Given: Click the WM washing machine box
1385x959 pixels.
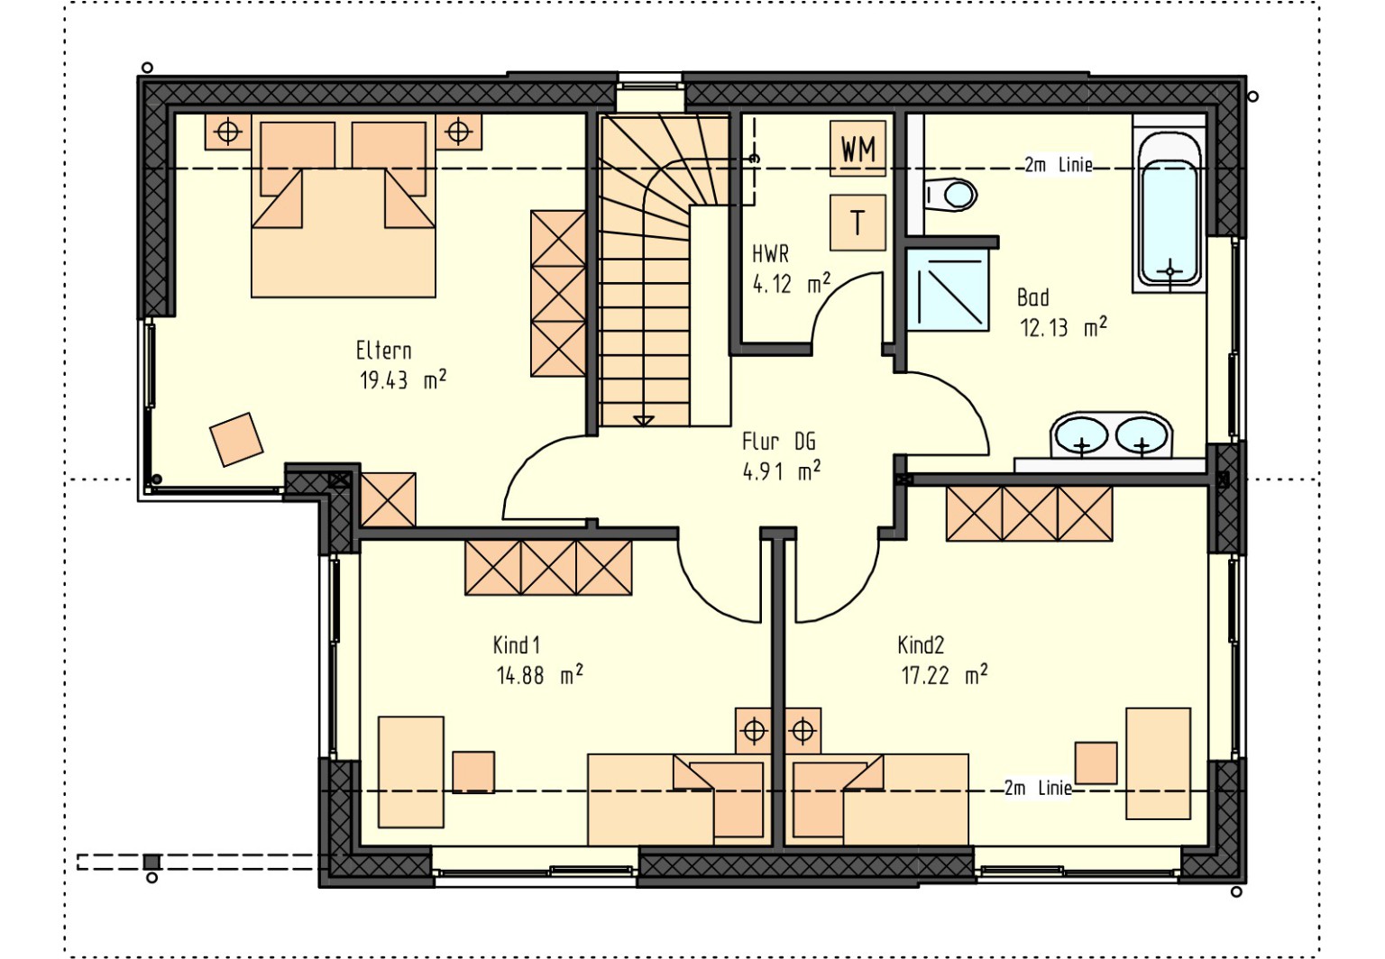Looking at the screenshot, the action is click(x=858, y=149).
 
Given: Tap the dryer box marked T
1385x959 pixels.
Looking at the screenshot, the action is click(x=858, y=223).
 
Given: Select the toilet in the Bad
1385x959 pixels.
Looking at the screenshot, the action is click(x=950, y=196).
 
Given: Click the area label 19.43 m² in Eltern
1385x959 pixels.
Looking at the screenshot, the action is click(x=402, y=379).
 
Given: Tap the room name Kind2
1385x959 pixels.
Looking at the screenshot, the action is click(x=921, y=645).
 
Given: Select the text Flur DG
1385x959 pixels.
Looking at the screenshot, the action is click(x=778, y=442).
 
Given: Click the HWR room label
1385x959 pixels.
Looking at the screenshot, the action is click(x=770, y=253).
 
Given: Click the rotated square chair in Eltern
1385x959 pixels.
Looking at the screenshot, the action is click(x=237, y=439).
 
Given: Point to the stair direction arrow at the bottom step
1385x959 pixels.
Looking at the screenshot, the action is click(x=644, y=421).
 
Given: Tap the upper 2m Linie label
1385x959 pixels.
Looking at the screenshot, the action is click(x=1059, y=165).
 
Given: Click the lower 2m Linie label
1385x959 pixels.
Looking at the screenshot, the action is click(x=1038, y=789).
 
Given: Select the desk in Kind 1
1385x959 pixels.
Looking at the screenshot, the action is click(x=410, y=772).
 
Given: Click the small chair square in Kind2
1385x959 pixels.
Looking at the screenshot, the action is click(x=1096, y=763).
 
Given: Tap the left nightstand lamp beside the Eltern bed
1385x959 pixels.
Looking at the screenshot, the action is click(x=228, y=132).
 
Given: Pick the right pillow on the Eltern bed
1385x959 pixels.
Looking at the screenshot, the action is click(x=389, y=159).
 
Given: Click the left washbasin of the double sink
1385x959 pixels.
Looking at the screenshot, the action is click(x=1081, y=435).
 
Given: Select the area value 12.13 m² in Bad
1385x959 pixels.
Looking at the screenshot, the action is click(x=1063, y=327).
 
